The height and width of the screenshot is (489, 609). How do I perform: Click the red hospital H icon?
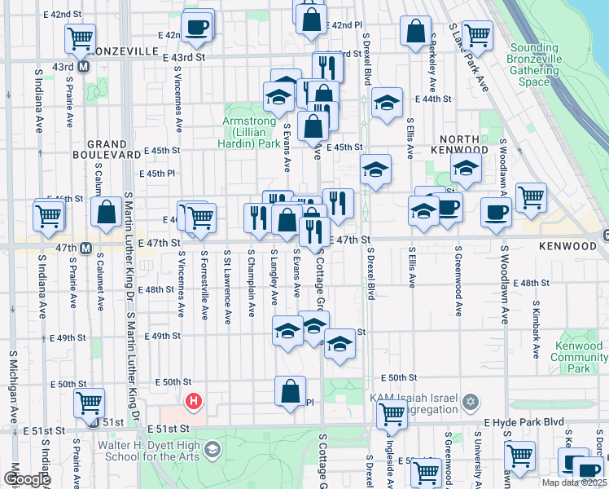pos(194,401)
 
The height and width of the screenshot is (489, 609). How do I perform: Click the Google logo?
pos(27,479)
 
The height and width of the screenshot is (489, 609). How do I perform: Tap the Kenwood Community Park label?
pos(578,357)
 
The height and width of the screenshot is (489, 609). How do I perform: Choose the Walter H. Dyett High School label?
pos(149,451)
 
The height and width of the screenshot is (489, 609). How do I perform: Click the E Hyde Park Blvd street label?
pos(524,423)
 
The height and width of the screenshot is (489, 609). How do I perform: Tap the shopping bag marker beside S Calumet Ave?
pos(107,213)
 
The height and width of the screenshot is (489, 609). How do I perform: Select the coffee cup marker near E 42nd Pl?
pos(196,27)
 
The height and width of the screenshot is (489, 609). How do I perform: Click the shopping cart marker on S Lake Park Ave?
pos(477,34)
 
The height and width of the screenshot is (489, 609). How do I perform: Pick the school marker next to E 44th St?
pos(387,102)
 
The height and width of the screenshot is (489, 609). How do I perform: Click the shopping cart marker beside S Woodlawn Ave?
pos(531,196)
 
